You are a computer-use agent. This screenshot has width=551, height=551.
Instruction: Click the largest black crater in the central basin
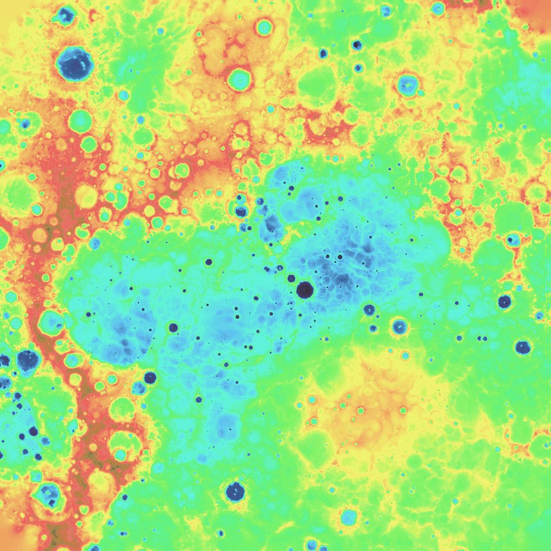305,290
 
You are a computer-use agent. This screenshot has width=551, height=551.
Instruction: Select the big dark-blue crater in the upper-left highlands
74,64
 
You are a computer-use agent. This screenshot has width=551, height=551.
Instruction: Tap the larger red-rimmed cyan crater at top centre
239,79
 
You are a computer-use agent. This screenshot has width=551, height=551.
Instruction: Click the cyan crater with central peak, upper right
407,84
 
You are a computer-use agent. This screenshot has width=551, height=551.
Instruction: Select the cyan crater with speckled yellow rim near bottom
348,517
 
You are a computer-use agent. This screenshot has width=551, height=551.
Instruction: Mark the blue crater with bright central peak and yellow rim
399,327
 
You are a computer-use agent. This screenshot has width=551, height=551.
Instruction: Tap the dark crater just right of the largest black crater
369,309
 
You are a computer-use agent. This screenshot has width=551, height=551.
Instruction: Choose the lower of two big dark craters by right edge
523,347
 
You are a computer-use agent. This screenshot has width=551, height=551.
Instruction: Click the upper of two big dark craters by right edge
504,301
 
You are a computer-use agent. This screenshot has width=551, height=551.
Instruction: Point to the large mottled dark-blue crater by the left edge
28,359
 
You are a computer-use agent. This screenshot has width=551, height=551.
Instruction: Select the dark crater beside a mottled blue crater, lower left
150,378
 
